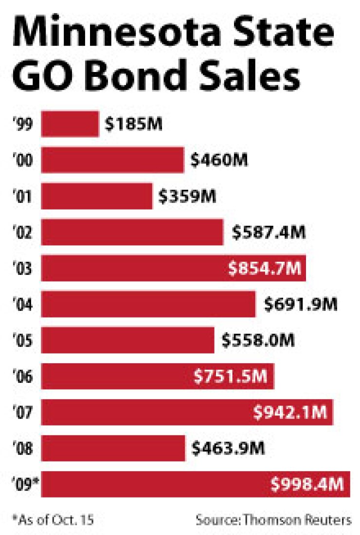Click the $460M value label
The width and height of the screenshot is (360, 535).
pyautogui.click(x=219, y=160)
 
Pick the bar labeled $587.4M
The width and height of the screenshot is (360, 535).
pyautogui.click(x=132, y=232)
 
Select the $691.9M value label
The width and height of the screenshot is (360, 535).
pyautogui.click(x=301, y=304)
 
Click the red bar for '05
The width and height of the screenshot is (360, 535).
pyautogui.click(x=127, y=340)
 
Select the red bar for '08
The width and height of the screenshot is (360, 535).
pyautogui.click(x=113, y=448)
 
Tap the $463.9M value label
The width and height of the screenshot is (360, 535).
pyautogui.click(x=229, y=448)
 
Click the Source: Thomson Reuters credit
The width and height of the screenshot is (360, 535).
pyautogui.click(x=273, y=520)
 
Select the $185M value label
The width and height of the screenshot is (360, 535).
pyautogui.click(x=133, y=124)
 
